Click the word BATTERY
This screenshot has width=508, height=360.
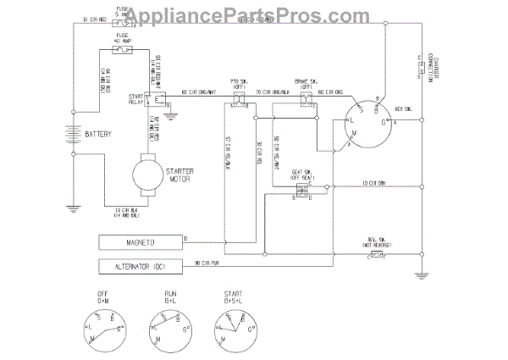[x=98, y=135]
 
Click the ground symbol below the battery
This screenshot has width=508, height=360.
[x=73, y=206]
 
